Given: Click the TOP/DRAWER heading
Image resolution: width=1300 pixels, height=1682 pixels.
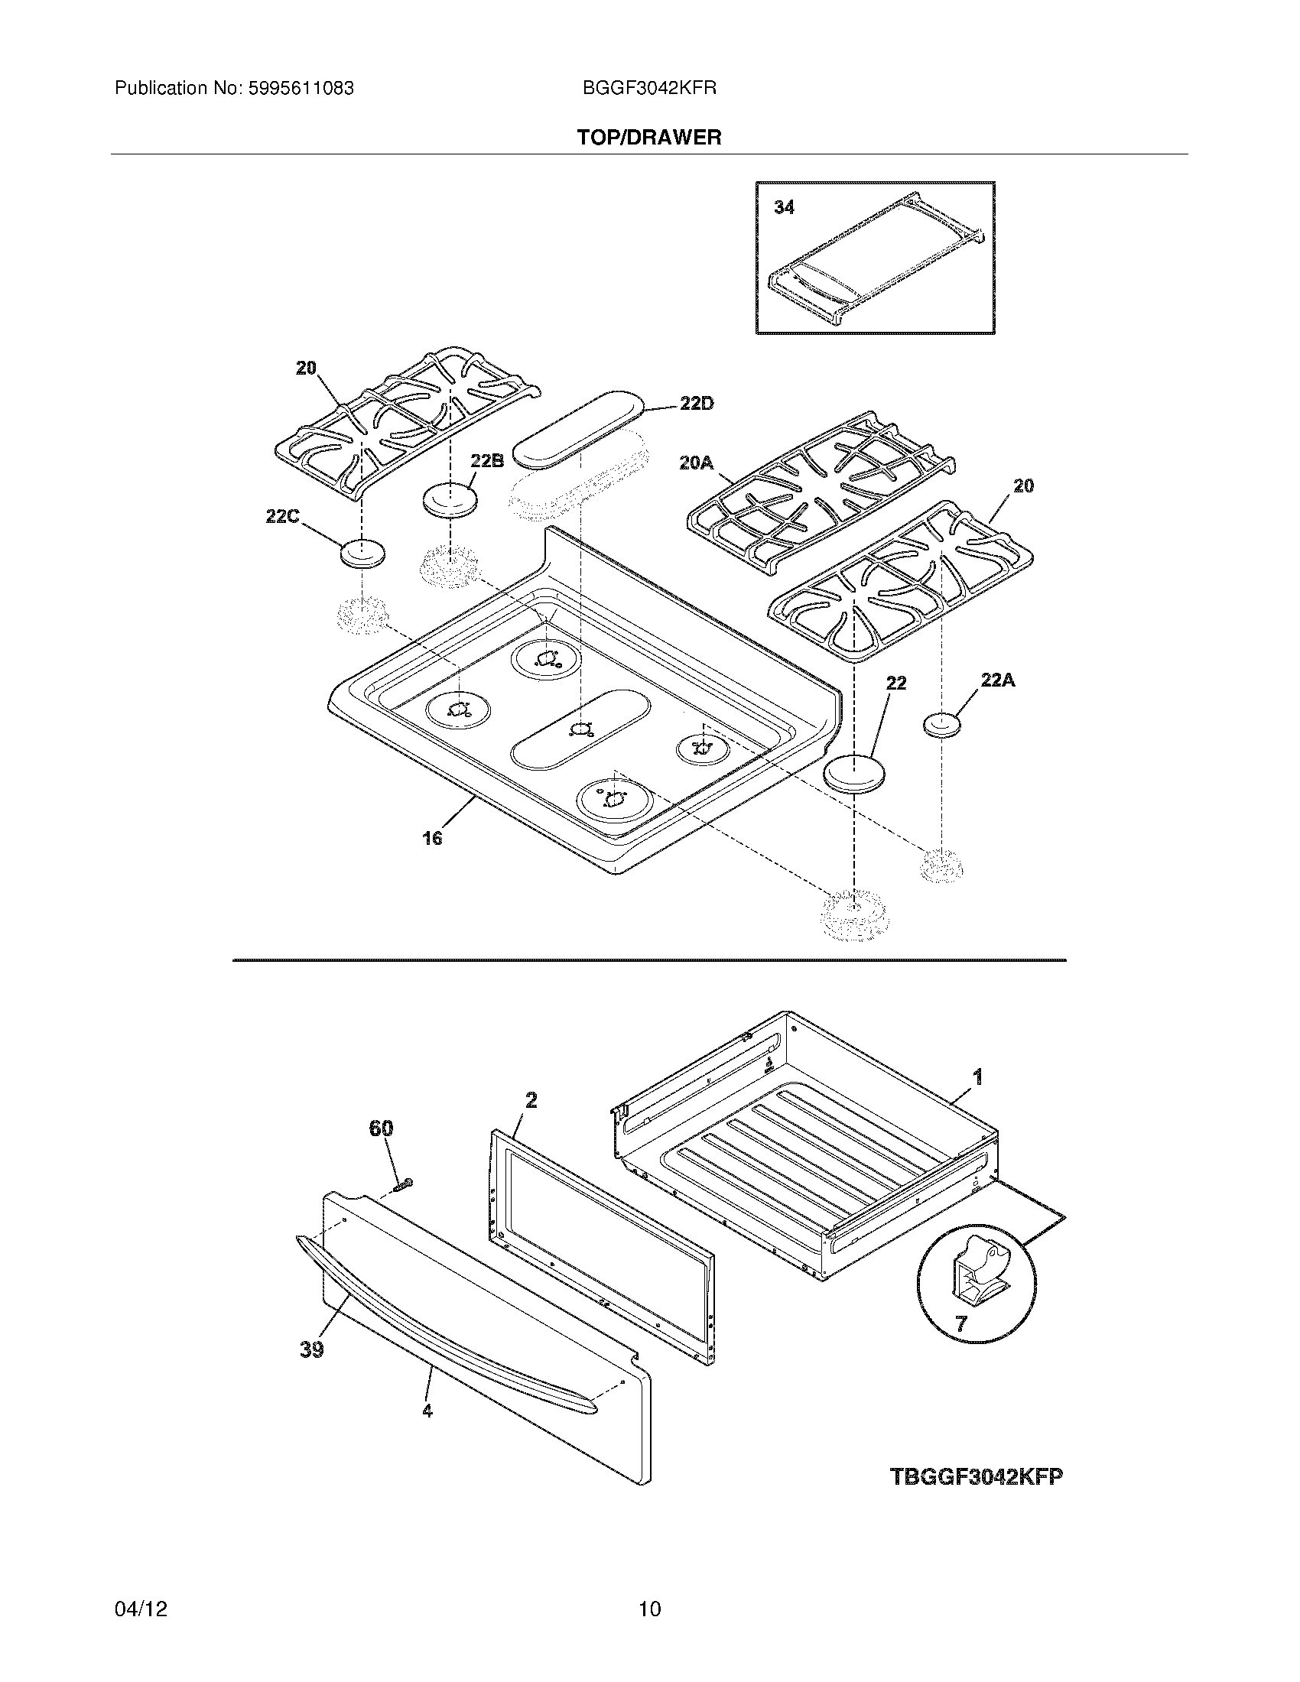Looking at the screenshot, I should tap(649, 138).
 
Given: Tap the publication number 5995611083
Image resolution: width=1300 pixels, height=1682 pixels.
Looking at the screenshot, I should tap(301, 89).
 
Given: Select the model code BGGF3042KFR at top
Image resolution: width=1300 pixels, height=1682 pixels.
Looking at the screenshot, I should tap(649, 89).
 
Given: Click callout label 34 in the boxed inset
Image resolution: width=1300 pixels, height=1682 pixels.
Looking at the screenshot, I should tap(784, 207).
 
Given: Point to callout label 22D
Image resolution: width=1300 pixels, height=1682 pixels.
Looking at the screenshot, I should tap(696, 404).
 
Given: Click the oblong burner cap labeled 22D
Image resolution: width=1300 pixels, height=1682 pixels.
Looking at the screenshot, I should tap(577, 427).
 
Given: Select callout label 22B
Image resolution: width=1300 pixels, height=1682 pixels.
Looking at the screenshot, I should tap(486, 460).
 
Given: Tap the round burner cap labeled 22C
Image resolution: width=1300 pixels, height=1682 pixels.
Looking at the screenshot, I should tap(362, 553).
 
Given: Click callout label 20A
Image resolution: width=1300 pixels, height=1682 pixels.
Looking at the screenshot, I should tap(696, 463).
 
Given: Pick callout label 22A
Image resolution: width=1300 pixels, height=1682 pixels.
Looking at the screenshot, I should tap(997, 680).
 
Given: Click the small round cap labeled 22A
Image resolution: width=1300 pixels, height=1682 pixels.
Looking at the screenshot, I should tap(942, 725).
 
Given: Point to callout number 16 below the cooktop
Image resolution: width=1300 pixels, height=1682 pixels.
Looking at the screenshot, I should tap(432, 838).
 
